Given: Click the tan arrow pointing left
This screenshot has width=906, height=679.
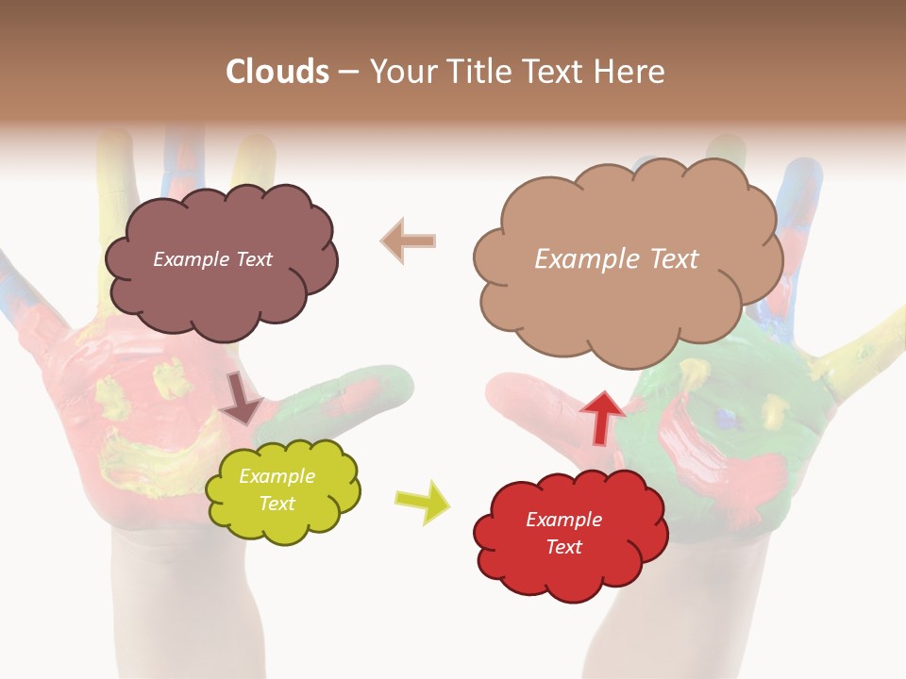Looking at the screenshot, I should tap(409, 241).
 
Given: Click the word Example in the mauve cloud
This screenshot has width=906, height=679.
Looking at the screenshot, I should tap(189, 259).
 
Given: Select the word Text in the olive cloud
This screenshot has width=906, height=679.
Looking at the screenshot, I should tap(277, 504).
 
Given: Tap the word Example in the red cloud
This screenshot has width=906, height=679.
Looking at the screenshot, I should tap(563, 520).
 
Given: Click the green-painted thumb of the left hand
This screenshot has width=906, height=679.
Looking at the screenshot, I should tap(359, 396).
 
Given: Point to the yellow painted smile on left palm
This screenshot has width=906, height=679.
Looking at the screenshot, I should tap(142, 453).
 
